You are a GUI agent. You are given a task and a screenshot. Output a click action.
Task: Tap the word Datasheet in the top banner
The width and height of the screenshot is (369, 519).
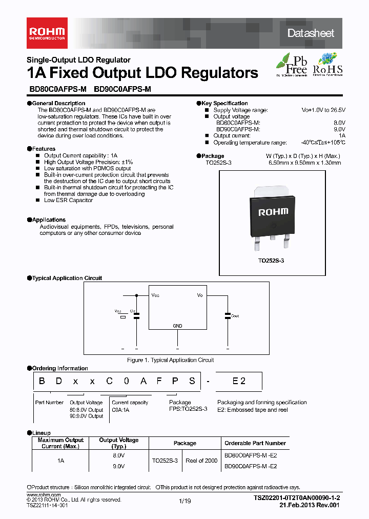tap(311, 33)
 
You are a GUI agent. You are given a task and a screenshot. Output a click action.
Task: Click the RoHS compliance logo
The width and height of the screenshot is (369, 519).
tap(327, 65)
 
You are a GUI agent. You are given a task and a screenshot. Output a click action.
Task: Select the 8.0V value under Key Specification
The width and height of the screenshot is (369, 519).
tap(339, 123)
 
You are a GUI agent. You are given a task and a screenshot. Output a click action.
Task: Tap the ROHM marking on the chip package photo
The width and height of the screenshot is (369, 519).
tap(273, 211)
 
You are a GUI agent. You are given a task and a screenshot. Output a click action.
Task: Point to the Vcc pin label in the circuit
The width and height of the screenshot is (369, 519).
tap(156, 295)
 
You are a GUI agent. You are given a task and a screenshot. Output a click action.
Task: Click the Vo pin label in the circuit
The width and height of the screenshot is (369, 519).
tap(200, 295)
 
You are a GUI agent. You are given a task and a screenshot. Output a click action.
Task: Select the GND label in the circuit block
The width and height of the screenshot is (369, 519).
tap(177, 326)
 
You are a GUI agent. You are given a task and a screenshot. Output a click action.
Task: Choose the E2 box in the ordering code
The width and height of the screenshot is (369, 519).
tap(239, 381)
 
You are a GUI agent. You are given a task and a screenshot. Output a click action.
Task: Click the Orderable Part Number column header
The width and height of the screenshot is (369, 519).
tap(255, 443)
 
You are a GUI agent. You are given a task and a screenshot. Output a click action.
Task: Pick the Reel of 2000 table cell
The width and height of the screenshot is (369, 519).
tap(201, 461)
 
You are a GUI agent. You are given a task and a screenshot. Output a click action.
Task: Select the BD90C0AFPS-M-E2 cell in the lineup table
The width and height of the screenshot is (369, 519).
tap(251, 466)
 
